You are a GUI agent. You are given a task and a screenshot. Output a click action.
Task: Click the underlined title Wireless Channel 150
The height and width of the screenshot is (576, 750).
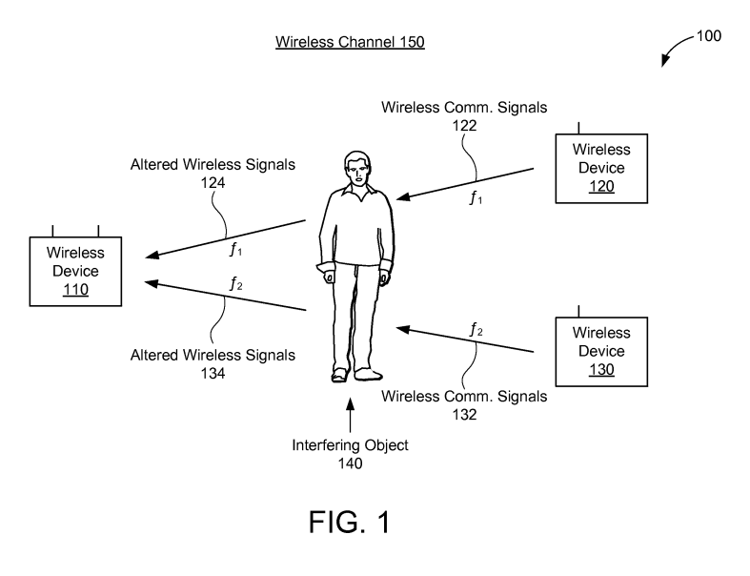(x=350, y=42)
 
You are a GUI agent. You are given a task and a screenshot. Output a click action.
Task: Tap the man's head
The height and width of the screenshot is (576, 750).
(x=356, y=169)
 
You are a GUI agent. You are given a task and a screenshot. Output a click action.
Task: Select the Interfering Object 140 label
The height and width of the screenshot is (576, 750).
(x=350, y=453)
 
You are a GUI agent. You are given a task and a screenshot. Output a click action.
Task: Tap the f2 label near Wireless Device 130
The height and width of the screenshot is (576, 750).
(x=476, y=331)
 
